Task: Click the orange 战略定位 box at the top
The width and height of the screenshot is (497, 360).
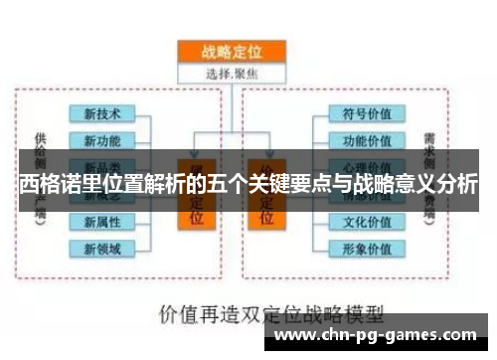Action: tap(232, 51)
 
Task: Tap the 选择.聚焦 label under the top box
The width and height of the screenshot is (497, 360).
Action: tap(232, 72)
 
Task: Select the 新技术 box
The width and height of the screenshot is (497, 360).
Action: tap(102, 113)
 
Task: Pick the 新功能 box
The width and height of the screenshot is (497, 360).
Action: tap(102, 139)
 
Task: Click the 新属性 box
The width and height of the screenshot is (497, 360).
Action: tap(102, 221)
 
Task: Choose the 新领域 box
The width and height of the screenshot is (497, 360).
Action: tap(102, 247)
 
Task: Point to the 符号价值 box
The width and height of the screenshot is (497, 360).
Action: tap(366, 113)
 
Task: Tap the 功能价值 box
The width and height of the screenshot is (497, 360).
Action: tap(366, 139)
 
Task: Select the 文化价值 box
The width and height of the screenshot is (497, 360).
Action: tap(366, 221)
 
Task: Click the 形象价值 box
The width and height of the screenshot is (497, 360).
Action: tap(366, 247)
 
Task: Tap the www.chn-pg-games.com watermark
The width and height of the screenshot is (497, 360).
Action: tap(381, 335)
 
